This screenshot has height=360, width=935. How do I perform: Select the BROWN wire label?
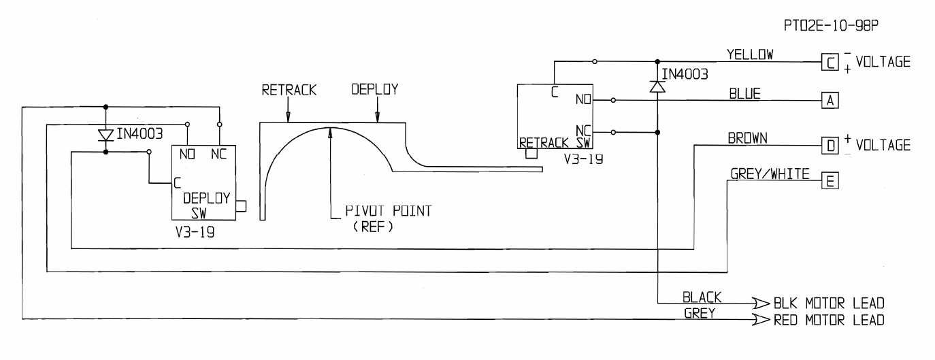[x=749, y=138]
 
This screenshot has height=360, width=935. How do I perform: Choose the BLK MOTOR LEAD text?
[x=830, y=304]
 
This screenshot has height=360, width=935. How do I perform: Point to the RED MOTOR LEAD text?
[x=830, y=319]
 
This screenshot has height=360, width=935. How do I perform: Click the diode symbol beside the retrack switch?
[x=657, y=86]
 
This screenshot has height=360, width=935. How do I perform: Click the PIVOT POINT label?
[x=384, y=211]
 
